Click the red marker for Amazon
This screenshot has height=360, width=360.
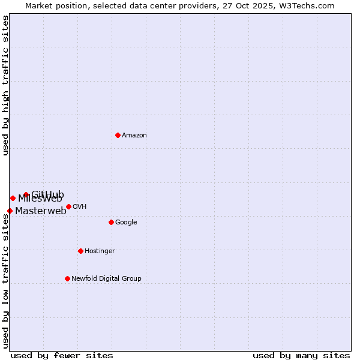point(118,135)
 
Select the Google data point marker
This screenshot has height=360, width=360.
point(111,222)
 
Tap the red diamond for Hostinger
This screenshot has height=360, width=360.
point(80,251)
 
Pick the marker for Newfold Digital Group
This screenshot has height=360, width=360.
point(67,278)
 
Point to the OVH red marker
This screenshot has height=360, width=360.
point(68,206)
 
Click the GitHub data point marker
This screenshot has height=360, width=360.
point(26,194)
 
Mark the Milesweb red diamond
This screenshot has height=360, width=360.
point(13,198)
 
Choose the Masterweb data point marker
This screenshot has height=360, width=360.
point(10,211)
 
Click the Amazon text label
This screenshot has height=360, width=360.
point(134,136)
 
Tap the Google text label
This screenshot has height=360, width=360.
point(126,223)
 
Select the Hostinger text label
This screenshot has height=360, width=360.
point(100,251)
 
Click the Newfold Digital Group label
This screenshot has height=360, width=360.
point(106,279)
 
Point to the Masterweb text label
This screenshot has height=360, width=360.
point(41,211)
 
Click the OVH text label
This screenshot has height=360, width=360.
point(80,207)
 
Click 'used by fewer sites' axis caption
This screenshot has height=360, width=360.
point(62,356)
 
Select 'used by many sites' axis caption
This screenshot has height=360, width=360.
point(301,356)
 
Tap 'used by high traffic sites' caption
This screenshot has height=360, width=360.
point(5,85)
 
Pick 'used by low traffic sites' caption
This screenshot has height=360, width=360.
point(5,281)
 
